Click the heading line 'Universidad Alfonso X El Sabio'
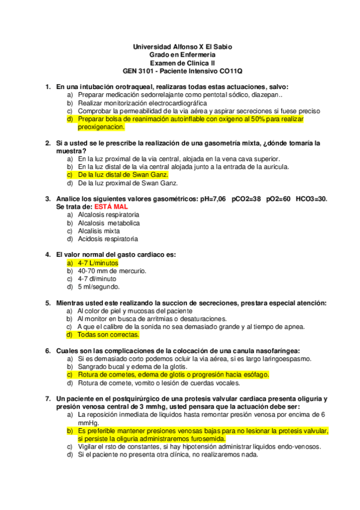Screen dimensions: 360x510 182,46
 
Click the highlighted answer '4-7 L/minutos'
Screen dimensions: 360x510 98,263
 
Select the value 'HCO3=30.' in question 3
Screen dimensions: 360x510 312,198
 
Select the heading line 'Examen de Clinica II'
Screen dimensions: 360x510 182,63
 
